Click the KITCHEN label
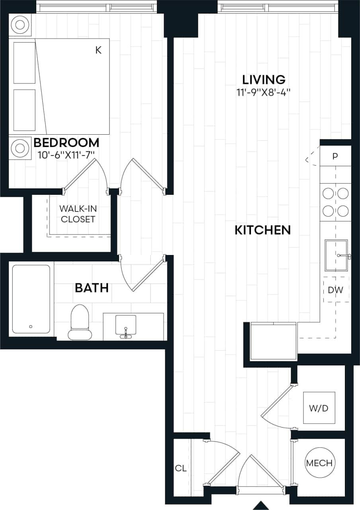coord(262,230)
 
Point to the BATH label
coord(92,288)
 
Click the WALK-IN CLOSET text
coord(78,214)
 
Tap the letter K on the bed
coord(98,50)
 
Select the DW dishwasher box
coord(336,290)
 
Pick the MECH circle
coord(319,463)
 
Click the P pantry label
coord(335,156)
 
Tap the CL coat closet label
coord(181,469)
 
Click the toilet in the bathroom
coord(79,322)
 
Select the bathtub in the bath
coord(31,299)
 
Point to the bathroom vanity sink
coord(126,325)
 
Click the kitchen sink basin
coord(336,255)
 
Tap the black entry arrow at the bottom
coord(262,505)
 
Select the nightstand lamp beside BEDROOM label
coord(19,147)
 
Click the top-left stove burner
coord(328,194)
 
